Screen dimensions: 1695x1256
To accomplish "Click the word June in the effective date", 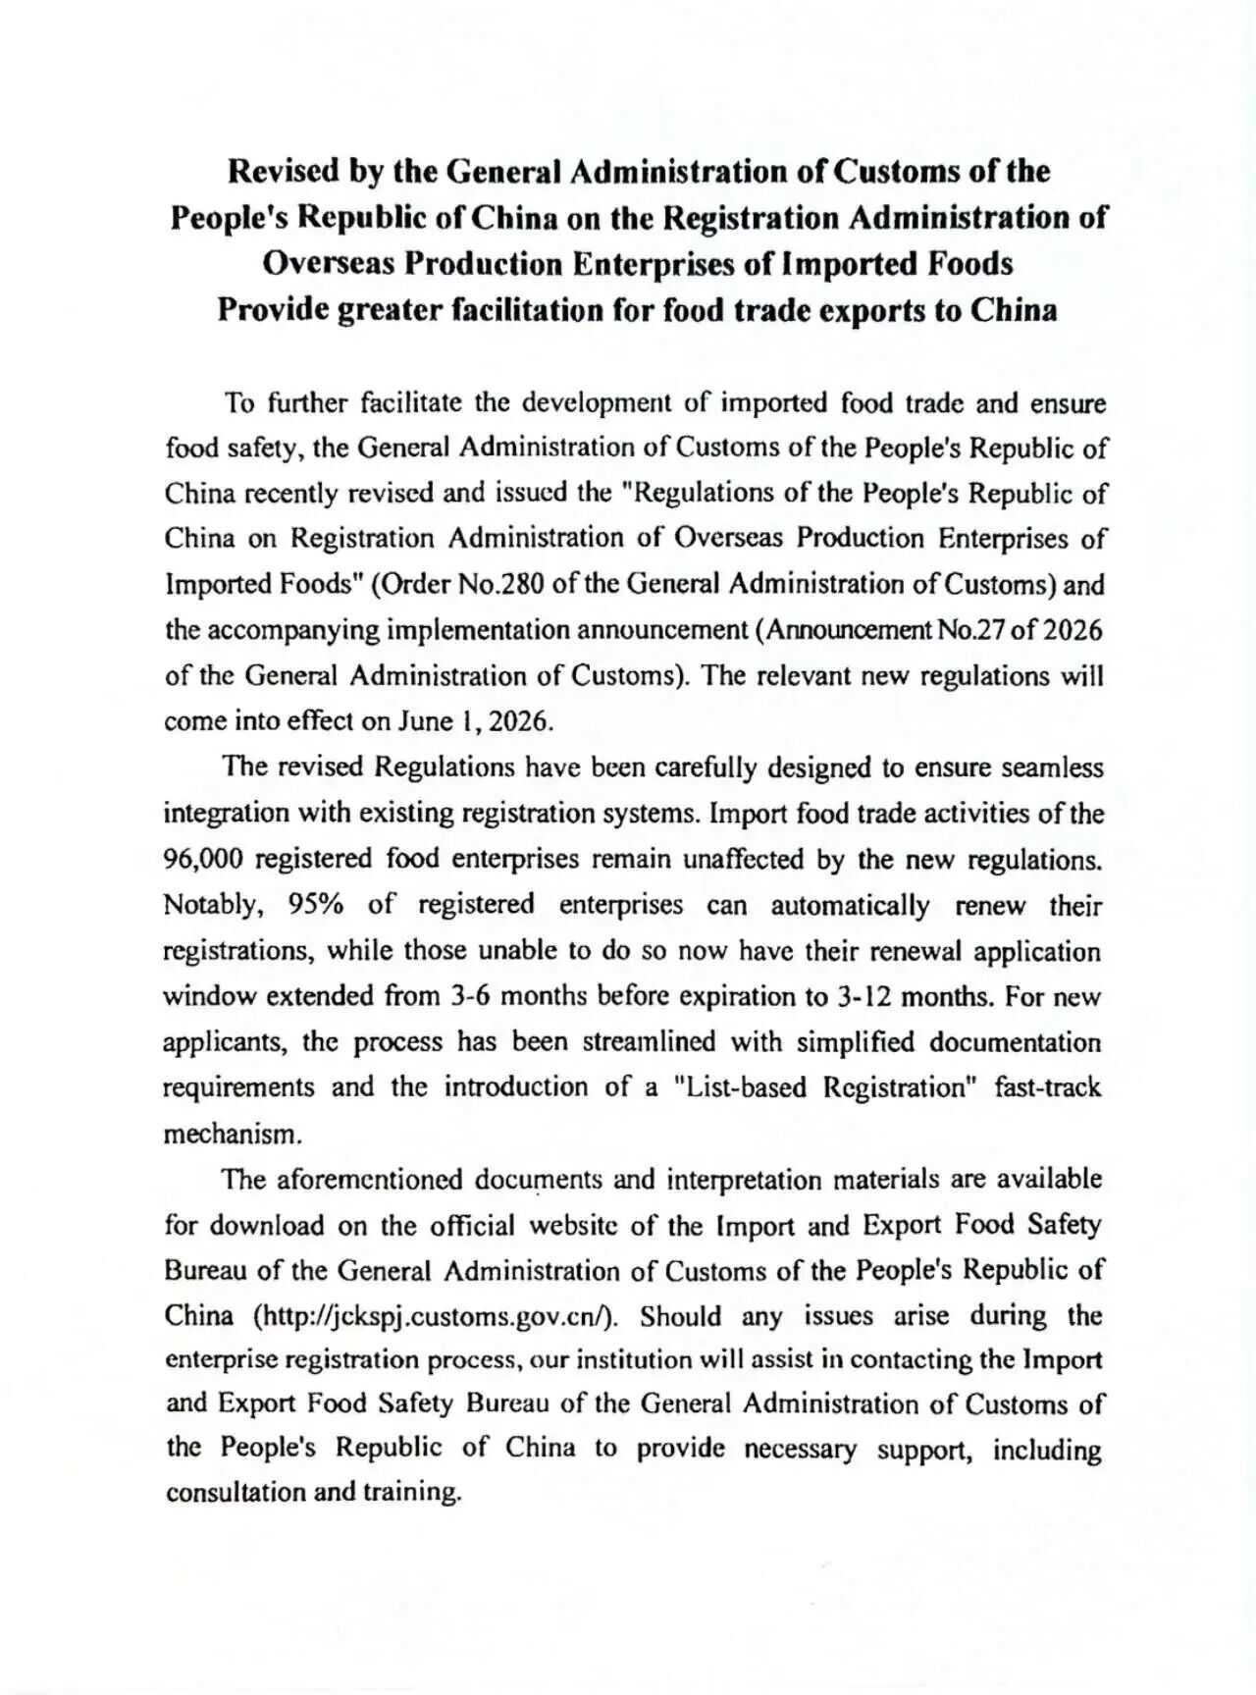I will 425,721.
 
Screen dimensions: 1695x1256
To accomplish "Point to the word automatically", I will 850,905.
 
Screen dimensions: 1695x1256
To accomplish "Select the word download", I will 266,1226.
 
